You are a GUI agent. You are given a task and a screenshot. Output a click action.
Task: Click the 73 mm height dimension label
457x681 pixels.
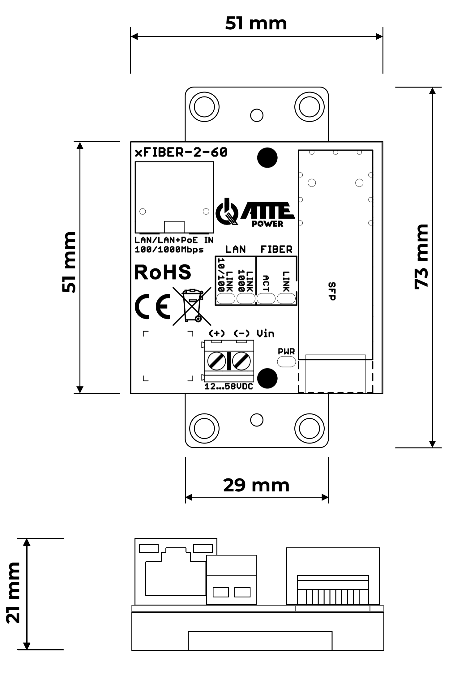click(422, 257)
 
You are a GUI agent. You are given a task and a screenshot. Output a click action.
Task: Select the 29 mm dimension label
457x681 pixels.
click(256, 485)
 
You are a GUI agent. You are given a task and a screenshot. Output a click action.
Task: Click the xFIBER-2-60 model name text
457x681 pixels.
click(181, 152)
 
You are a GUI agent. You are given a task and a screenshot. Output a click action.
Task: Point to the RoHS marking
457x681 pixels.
click(163, 272)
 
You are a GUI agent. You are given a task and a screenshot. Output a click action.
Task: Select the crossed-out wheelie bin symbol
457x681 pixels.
click(192, 306)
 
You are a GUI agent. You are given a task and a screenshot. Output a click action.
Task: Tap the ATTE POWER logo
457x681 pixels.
click(255, 213)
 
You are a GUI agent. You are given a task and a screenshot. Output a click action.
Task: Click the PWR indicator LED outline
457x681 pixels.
click(286, 362)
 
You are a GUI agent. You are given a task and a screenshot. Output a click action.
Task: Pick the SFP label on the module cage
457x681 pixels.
click(332, 291)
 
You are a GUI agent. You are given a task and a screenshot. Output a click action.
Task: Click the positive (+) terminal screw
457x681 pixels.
click(216, 361)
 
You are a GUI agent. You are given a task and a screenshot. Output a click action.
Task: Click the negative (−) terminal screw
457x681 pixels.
click(241, 361)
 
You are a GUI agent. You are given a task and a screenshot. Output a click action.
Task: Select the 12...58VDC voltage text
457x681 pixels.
click(229, 387)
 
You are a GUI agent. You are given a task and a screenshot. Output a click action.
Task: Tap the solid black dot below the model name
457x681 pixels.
click(267, 158)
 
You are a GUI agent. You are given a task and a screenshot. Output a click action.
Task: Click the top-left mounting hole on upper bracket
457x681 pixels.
click(204, 107)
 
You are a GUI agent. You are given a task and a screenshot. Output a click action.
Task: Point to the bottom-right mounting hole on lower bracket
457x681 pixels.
click(309, 429)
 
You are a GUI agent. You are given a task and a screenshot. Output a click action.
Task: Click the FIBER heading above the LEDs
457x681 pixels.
click(276, 250)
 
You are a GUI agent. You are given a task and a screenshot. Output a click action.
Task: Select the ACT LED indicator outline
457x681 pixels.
click(266, 299)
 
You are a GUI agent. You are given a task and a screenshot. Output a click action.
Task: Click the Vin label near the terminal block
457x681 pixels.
click(265, 333)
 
